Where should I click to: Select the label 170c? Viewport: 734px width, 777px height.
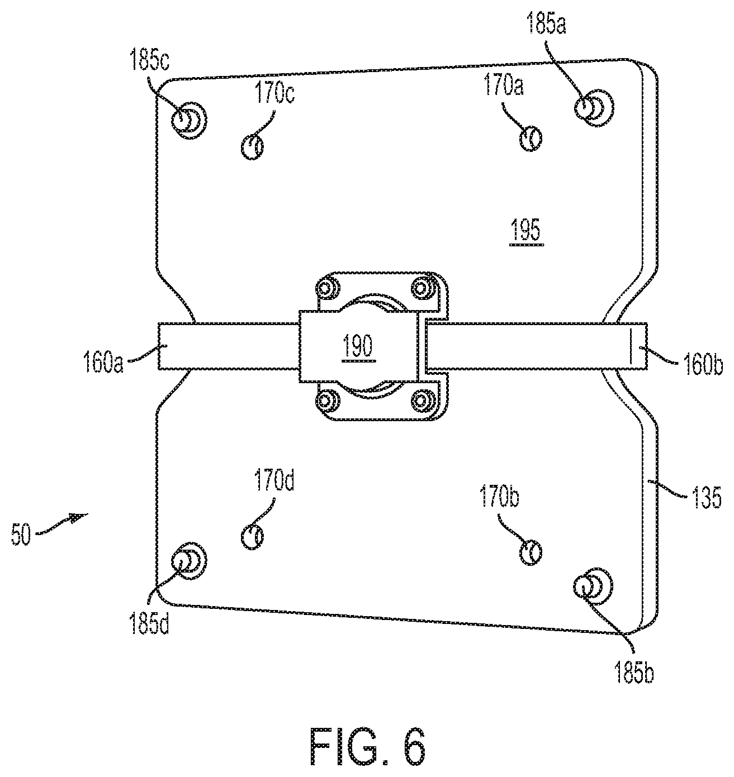(x=274, y=93)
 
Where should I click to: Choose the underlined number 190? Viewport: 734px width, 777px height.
(x=358, y=347)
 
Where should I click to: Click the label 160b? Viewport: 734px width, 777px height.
(x=703, y=365)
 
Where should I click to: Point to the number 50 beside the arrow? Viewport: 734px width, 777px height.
(x=21, y=535)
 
